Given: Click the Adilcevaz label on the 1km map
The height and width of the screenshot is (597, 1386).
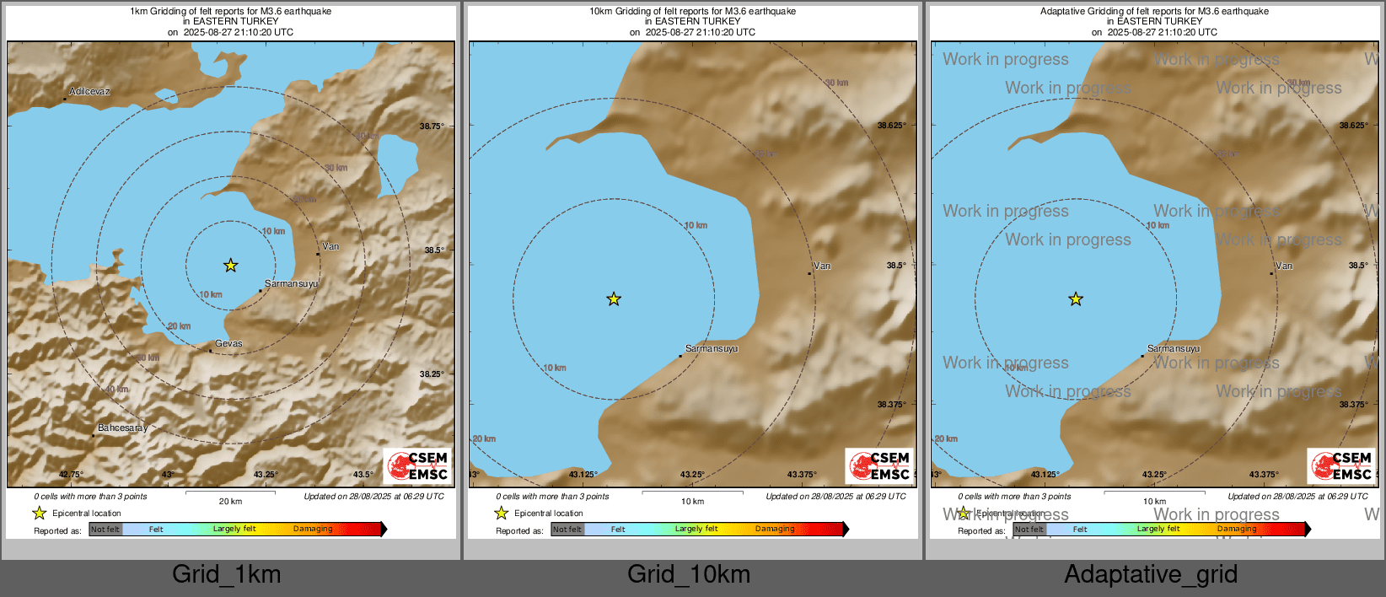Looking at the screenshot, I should (89, 91).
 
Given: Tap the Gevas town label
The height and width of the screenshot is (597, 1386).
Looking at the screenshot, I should (228, 344).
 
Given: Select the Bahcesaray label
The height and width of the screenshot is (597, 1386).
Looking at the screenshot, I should (122, 428).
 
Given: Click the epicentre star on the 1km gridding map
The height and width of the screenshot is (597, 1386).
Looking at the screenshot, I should (230, 266).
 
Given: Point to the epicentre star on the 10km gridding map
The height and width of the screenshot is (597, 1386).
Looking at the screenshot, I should (614, 299).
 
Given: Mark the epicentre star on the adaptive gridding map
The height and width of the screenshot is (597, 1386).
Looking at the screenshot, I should (1076, 299).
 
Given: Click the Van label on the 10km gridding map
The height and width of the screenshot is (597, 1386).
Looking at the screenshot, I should (822, 266).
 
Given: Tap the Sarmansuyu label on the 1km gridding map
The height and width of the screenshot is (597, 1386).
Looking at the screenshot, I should (291, 284).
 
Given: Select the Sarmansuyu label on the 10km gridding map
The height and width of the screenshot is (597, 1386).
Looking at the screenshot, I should (712, 349).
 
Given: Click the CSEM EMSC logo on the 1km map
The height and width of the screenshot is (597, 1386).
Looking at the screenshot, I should (417, 466).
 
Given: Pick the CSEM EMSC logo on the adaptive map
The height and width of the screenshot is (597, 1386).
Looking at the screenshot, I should (1341, 466).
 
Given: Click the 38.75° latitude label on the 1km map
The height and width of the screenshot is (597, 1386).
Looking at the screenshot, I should (432, 126).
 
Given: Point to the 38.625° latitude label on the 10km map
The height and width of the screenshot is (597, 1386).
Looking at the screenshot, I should (892, 126).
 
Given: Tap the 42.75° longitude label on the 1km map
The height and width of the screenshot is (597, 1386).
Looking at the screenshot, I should (71, 475).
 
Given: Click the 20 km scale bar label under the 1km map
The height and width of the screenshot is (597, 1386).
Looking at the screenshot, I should (230, 501).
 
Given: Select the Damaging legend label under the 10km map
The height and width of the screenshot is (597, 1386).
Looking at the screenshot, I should (775, 529).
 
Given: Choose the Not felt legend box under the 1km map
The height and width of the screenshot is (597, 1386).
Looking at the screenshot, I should (105, 530).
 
